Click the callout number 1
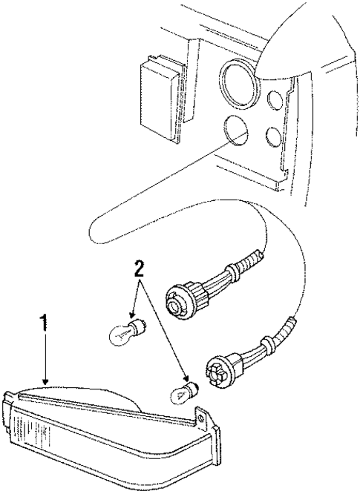[45, 323]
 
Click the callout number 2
[137, 268]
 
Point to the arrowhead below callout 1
[46, 380]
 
